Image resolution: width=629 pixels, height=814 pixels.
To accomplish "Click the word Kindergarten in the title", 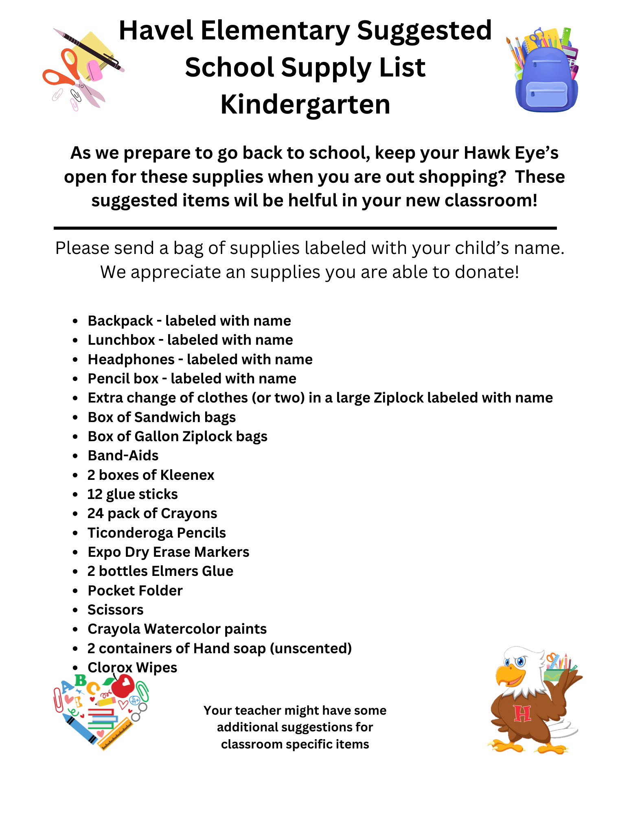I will [x=305, y=104].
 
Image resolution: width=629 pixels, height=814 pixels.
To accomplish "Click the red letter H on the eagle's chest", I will [x=522, y=713].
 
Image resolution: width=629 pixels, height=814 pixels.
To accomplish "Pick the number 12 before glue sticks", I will [x=95, y=494].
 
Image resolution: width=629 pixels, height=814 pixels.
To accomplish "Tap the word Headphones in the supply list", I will [x=131, y=359].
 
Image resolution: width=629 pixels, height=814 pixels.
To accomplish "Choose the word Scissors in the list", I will [x=116, y=610].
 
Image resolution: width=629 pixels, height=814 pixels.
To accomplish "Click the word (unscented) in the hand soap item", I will [x=311, y=648].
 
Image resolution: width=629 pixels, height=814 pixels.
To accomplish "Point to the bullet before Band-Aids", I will [x=75, y=456].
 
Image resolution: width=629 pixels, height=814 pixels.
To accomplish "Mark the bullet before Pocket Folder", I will [x=75, y=591].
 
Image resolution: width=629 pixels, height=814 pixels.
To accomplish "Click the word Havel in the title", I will [x=156, y=31].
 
